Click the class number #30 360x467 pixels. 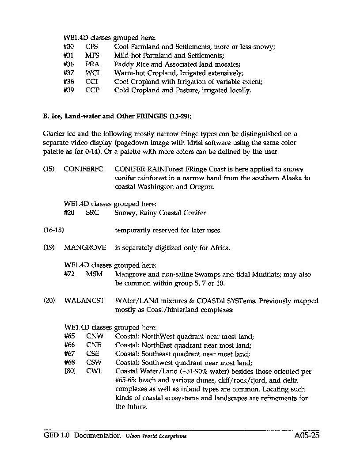click(68, 46)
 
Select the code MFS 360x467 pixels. click(92, 55)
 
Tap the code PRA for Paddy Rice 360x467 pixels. click(92, 64)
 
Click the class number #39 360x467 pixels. click(68, 90)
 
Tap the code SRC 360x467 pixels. click(93, 213)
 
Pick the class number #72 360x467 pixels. click(69, 274)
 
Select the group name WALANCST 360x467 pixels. click(84, 301)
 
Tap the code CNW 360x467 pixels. click(94, 336)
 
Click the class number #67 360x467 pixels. click(69, 353)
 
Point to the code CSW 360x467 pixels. click(94, 363)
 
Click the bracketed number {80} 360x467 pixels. click(69, 372)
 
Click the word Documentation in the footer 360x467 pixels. click(98, 436)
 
